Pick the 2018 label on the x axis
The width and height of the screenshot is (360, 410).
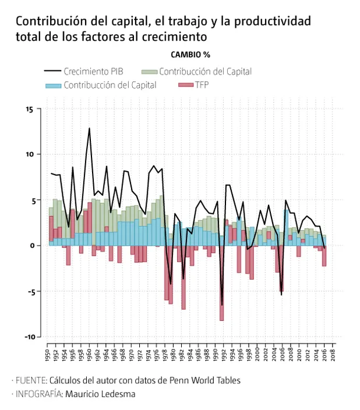[x=332, y=354]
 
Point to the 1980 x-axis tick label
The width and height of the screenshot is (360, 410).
[x=173, y=354]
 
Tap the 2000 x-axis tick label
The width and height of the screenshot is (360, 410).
[x=257, y=354]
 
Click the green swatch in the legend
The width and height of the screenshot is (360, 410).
[x=149, y=71]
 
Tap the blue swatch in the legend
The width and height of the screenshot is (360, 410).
[x=53, y=85]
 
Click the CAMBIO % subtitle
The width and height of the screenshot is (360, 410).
[x=190, y=54]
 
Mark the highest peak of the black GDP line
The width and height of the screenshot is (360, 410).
[x=89, y=128]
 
